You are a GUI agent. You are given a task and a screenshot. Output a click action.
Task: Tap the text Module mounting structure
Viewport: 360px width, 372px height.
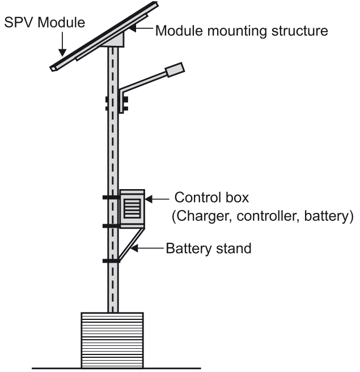pos(242,30)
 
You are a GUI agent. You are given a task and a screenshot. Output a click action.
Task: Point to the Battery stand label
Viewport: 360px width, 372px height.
pos(209,248)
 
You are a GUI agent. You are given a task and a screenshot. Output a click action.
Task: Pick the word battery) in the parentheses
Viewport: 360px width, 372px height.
pos(328,216)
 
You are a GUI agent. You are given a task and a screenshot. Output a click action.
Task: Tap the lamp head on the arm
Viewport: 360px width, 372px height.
pos(175,70)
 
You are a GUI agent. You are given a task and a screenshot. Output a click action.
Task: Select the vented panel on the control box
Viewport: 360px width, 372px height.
pos(132,208)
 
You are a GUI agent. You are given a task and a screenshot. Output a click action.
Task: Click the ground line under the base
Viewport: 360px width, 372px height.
pos(113,368)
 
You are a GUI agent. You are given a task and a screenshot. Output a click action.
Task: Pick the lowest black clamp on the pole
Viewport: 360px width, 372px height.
pos(111,261)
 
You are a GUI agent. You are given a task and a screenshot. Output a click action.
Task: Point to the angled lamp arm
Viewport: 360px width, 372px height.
pos(142,82)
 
